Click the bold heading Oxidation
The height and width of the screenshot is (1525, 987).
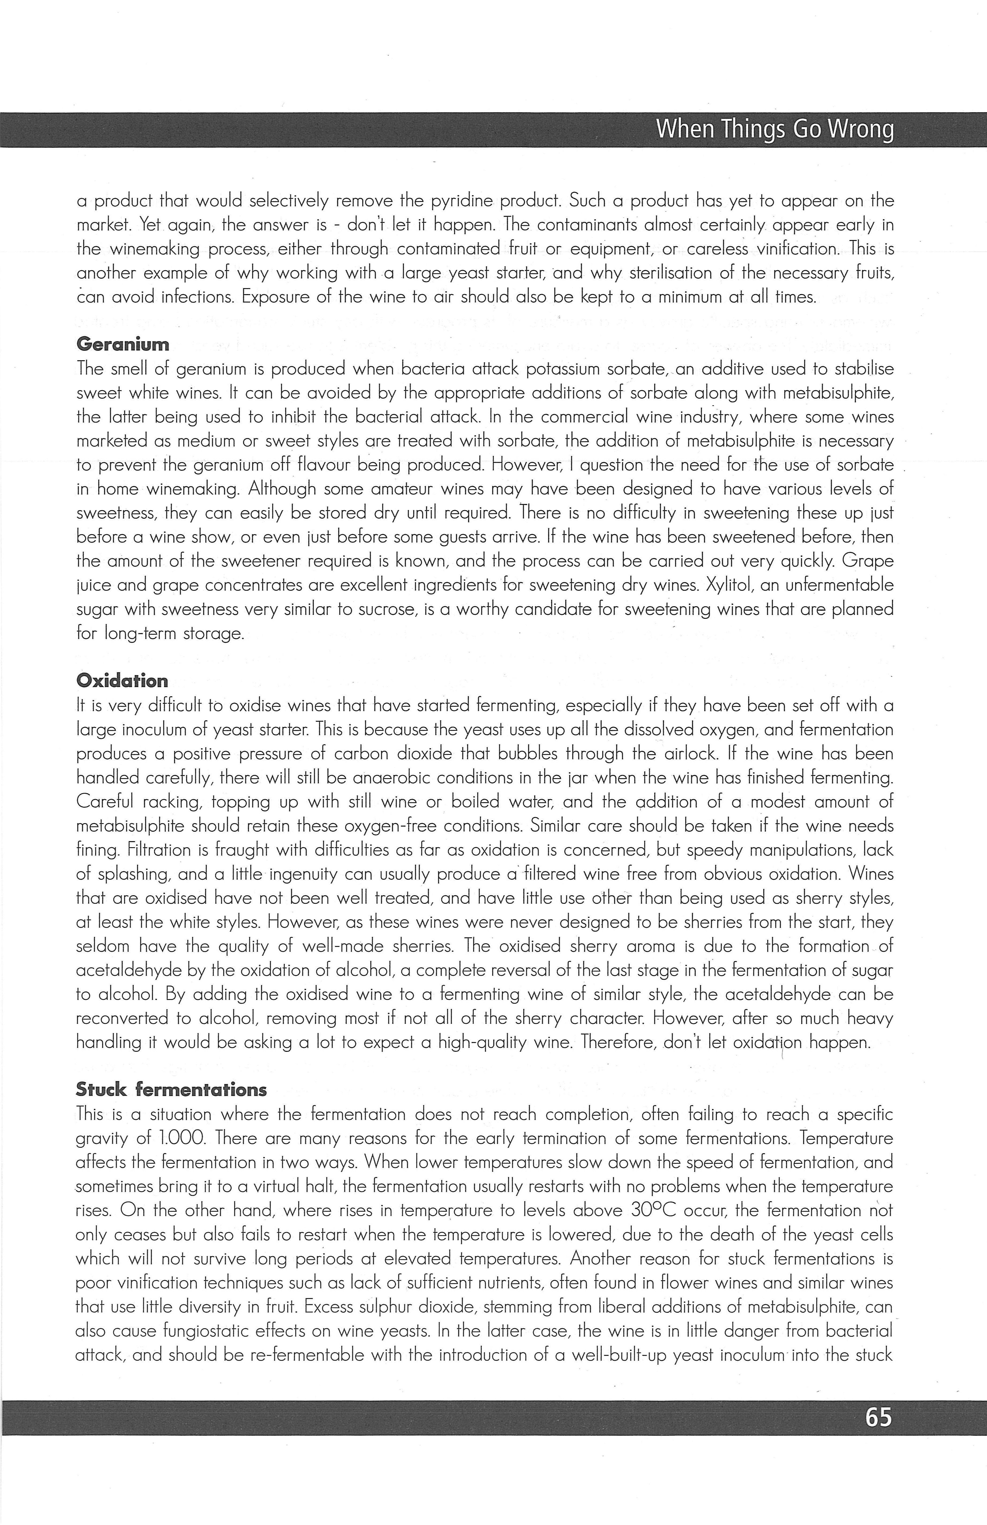point(122,680)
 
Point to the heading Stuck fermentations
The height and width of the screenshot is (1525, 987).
point(171,1089)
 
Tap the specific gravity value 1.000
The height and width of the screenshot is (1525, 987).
point(181,1139)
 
